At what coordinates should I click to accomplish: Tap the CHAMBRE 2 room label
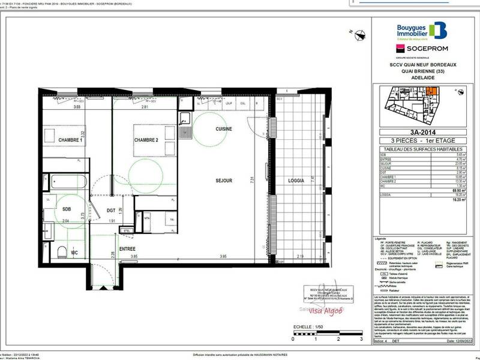coord(146,140)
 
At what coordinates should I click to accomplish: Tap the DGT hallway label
coord(111,210)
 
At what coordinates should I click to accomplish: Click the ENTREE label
coord(127,248)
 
